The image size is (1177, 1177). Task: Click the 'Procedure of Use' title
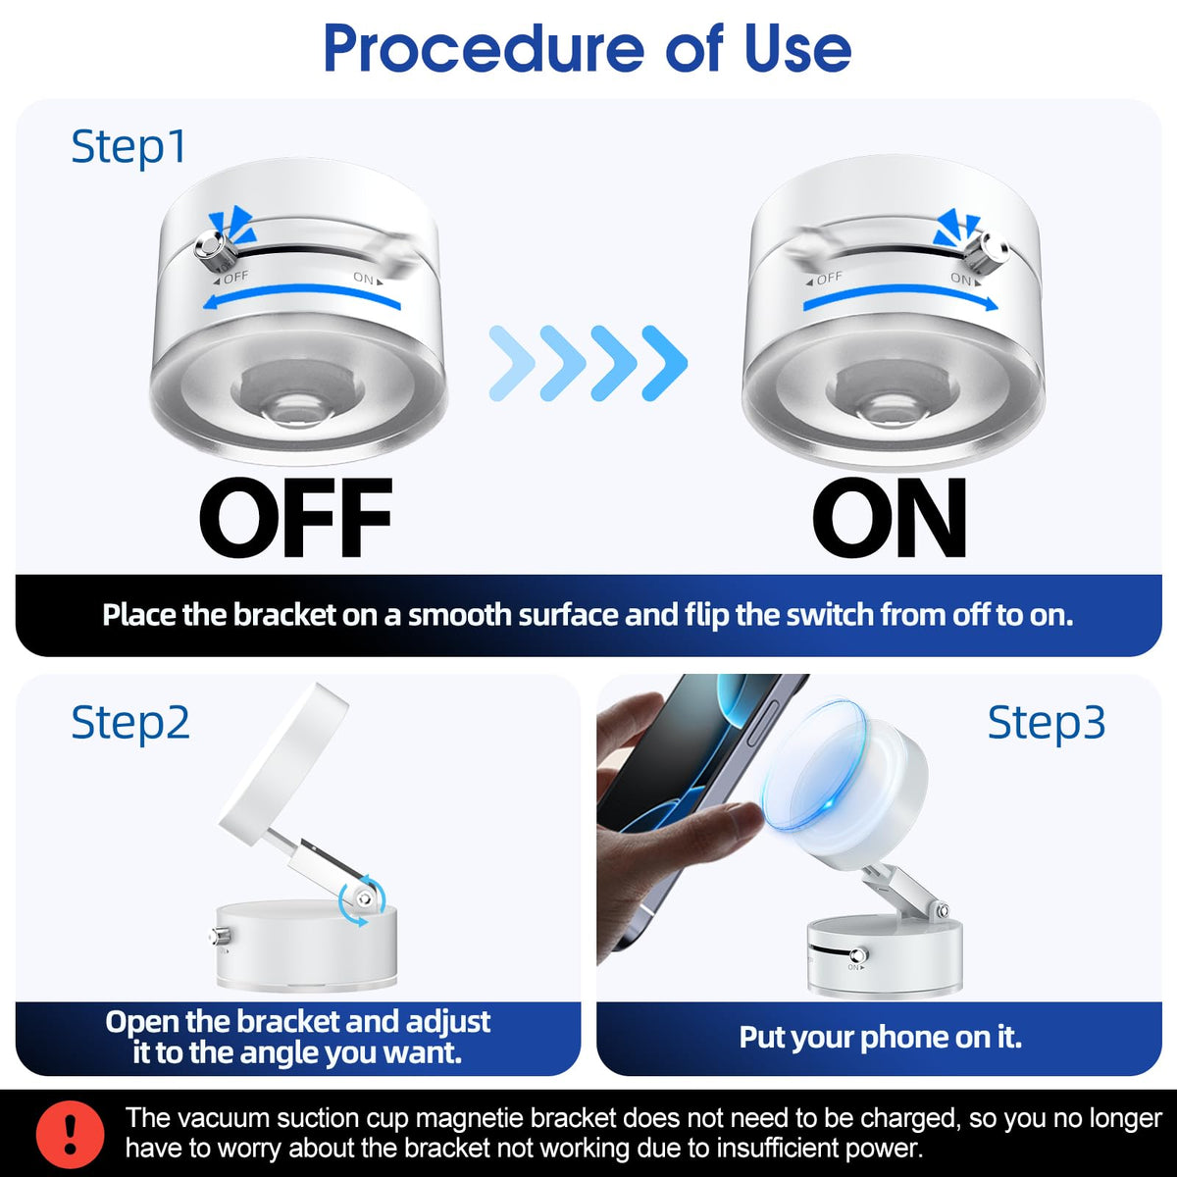588,48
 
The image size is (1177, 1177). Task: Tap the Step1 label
128,147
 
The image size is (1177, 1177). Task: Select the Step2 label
130,723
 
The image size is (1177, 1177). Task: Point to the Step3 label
1047,723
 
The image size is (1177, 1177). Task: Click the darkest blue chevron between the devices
665,363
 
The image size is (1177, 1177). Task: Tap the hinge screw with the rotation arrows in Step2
364,898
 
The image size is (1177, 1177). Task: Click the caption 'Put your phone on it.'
880,1037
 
